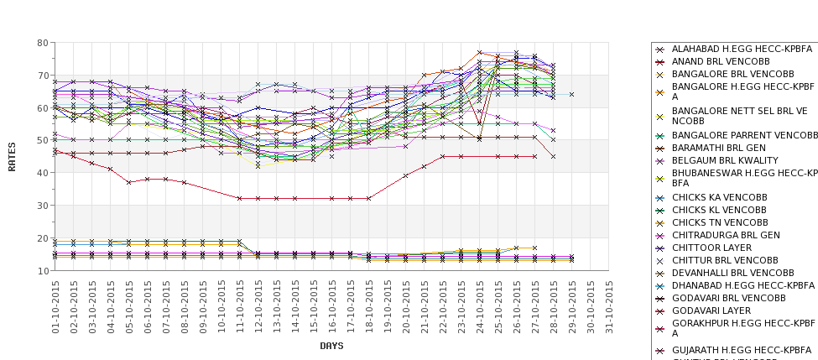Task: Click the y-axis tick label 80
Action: click(x=41, y=43)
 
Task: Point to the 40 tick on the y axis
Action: click(x=41, y=173)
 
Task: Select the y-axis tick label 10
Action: click(x=41, y=271)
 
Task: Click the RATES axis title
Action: click(x=12, y=156)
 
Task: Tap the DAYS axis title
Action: click(x=331, y=346)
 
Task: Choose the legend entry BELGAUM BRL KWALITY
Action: click(x=725, y=160)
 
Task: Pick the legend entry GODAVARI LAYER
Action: click(x=713, y=310)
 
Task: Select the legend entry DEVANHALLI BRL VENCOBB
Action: click(x=732, y=273)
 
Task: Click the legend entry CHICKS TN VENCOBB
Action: click(x=721, y=222)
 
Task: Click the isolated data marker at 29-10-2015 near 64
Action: click(x=572, y=95)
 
